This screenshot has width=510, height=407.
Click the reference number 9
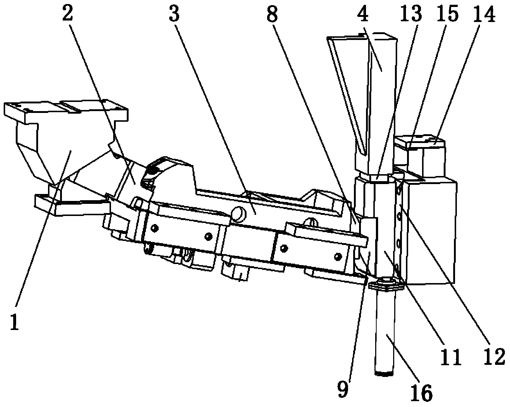(343, 389)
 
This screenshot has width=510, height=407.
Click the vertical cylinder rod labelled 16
(384, 332)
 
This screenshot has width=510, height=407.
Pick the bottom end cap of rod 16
(384, 374)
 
